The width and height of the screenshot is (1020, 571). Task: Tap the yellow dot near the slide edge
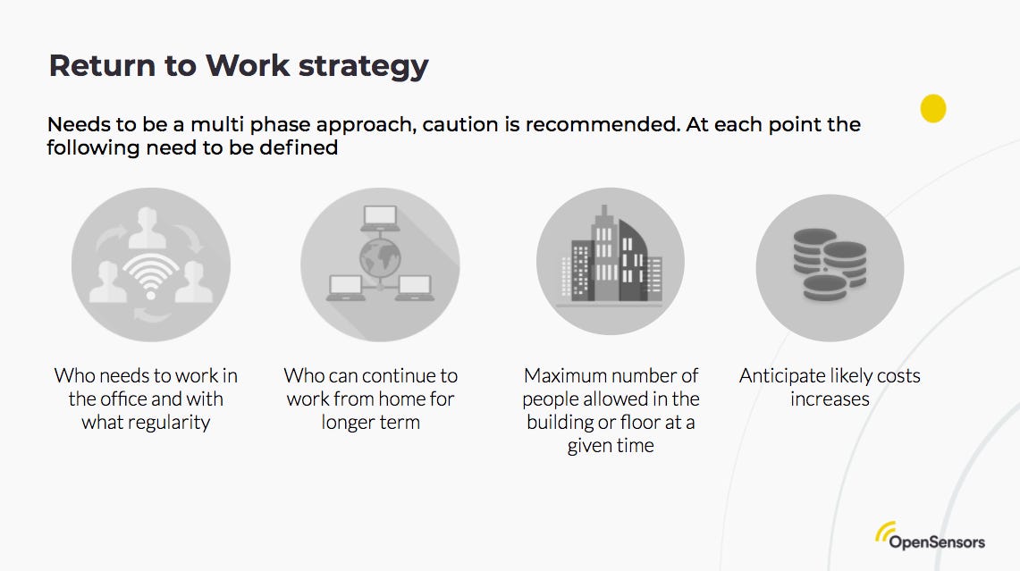click(x=933, y=108)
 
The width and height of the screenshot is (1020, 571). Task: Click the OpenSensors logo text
click(x=937, y=542)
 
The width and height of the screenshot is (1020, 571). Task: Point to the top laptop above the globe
click(x=380, y=217)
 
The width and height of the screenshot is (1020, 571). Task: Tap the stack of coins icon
click(x=830, y=264)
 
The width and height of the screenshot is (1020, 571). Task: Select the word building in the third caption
click(x=561, y=422)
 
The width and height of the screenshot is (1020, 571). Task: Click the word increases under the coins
click(x=830, y=399)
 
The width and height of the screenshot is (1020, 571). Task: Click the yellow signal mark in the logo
click(x=886, y=532)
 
